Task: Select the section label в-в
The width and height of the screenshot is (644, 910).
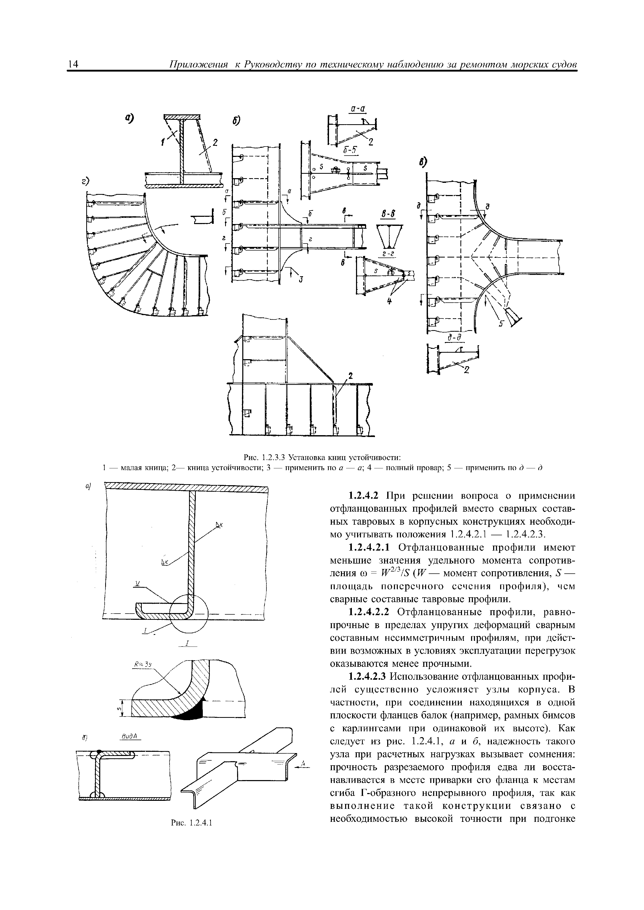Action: click(388, 214)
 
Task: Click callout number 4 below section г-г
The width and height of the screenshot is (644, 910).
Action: click(389, 302)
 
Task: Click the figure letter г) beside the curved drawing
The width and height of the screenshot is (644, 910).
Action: click(84, 181)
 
